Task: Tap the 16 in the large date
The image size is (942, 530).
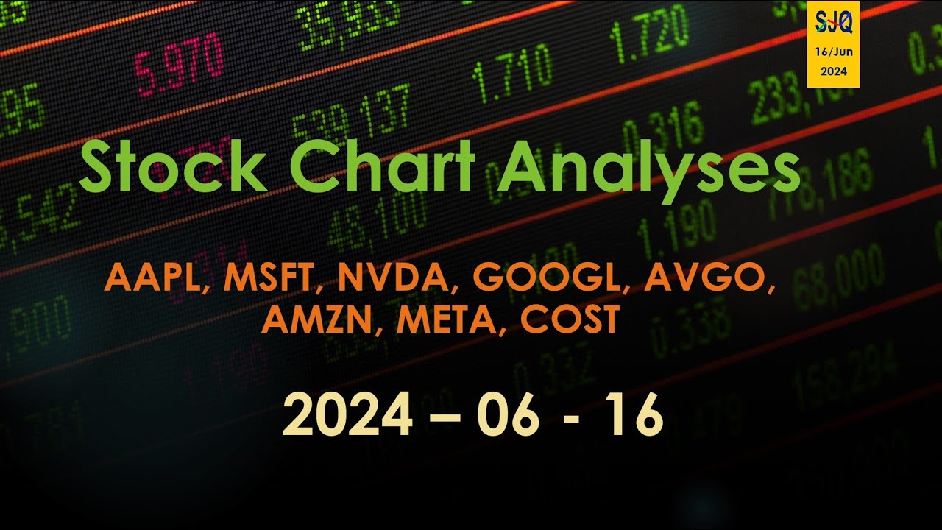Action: pos(631,416)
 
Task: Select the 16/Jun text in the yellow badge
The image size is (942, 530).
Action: pos(833,54)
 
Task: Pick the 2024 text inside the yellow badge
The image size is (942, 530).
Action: pos(833,71)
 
